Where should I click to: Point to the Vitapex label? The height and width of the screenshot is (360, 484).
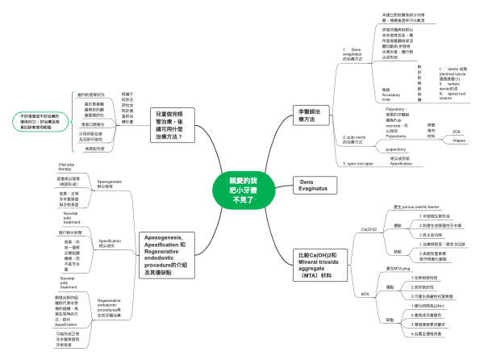(459, 140)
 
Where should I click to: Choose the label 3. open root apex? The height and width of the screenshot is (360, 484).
(353, 162)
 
